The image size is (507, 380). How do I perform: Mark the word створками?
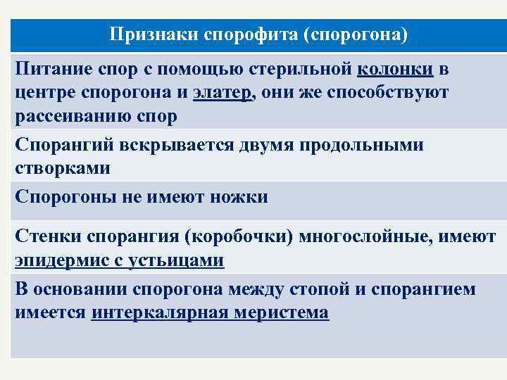click(62, 169)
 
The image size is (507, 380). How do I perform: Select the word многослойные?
click(365, 237)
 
